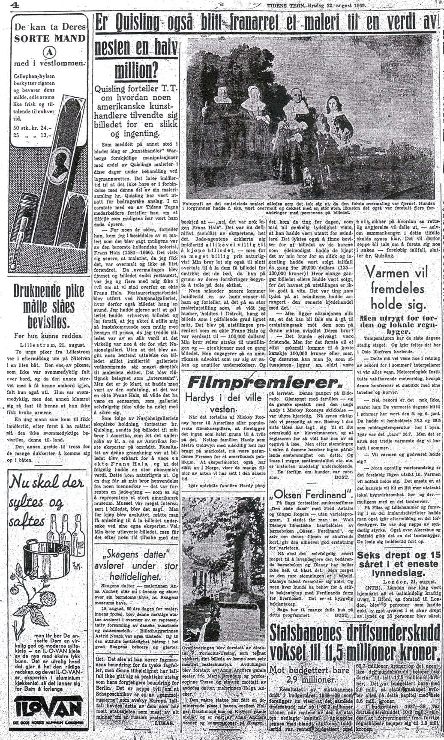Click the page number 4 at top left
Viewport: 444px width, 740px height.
pyautogui.click(x=5, y=6)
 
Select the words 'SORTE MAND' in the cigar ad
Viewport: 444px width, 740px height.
pyautogui.click(x=49, y=38)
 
